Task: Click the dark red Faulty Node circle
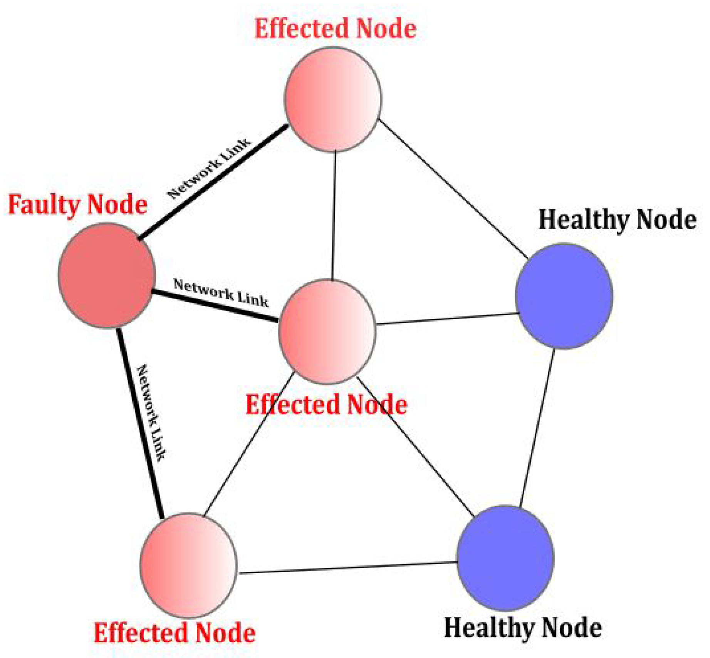107,275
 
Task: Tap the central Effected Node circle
327,331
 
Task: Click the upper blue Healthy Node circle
564,296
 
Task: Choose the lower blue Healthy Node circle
505,558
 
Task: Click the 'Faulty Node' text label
77,204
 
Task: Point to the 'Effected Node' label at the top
335,29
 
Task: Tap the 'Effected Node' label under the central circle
326,405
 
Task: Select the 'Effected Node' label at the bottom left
175,633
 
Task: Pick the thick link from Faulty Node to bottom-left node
139,422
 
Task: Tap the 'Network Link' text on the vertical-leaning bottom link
152,412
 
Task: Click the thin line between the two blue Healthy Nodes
537,427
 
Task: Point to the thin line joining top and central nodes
334,216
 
